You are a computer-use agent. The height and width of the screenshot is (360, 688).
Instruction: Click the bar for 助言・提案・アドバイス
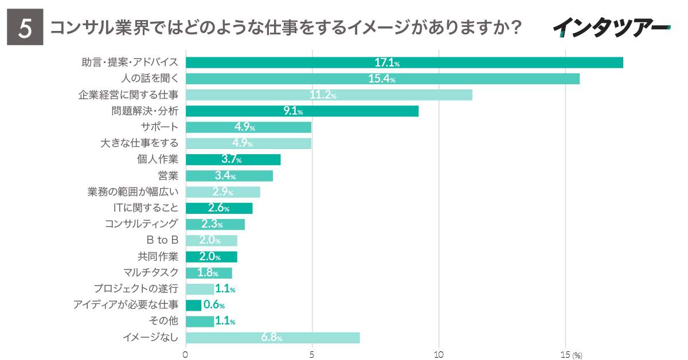point(404,63)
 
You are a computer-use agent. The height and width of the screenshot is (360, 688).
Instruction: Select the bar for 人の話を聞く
point(382,79)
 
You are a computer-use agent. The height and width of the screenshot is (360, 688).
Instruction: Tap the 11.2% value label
point(323,95)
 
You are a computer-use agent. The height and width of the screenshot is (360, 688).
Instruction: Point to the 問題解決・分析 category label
point(144,111)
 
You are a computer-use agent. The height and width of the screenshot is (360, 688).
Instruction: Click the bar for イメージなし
point(272,338)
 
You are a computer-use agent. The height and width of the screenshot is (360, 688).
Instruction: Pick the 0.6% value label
point(214,306)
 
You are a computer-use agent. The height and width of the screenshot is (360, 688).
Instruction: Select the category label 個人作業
point(158,159)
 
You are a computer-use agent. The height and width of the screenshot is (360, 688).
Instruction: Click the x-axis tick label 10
point(439,355)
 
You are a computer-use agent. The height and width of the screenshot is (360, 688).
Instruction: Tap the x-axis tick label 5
point(312,355)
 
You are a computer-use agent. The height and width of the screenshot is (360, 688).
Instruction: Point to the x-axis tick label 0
point(186,355)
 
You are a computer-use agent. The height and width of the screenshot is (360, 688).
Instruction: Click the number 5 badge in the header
point(25,28)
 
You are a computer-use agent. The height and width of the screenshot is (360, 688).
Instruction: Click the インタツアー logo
point(611,26)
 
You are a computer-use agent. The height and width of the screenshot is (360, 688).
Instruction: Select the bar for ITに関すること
point(219,208)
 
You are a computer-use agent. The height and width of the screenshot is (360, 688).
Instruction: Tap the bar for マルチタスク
point(209,273)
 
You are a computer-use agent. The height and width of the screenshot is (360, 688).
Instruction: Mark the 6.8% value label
point(272,338)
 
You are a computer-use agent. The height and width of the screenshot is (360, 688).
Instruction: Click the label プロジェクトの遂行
point(136,289)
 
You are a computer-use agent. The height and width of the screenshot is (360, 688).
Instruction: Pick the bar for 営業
point(229,176)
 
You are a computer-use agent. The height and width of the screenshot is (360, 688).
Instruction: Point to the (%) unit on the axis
point(577,355)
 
